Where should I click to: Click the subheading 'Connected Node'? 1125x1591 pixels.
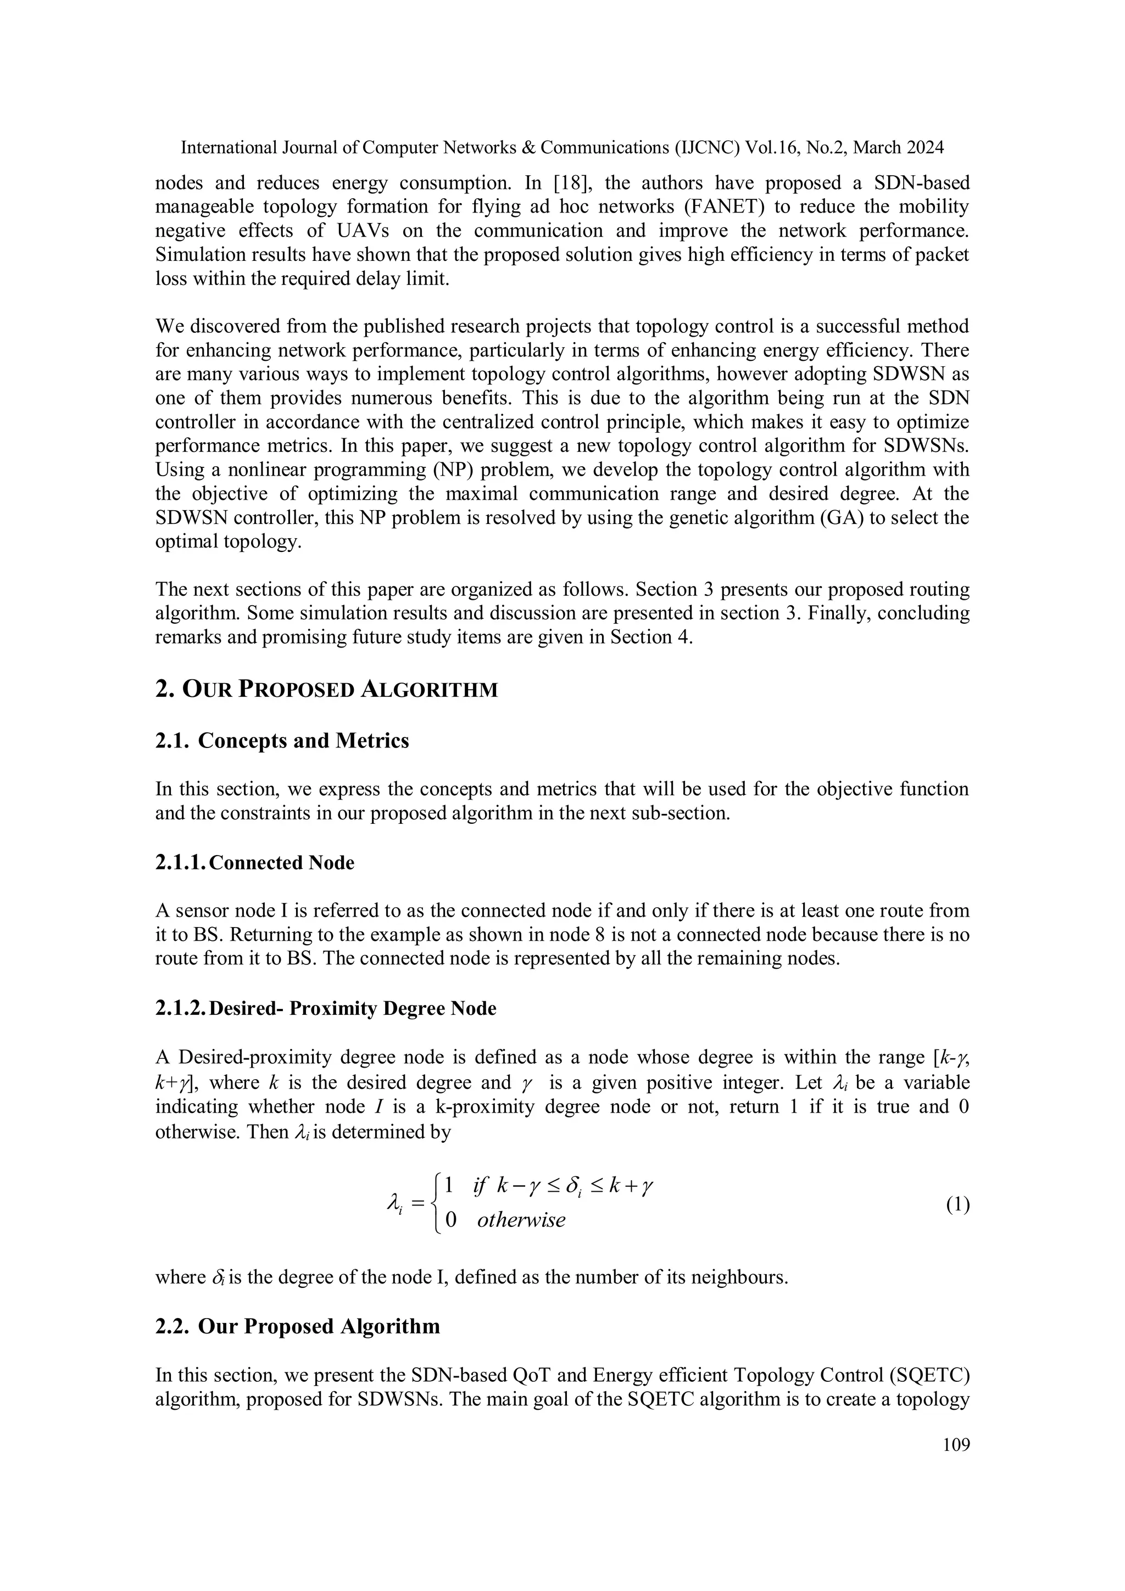pyautogui.click(x=281, y=863)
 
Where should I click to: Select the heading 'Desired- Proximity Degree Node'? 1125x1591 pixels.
pyautogui.click(x=352, y=1008)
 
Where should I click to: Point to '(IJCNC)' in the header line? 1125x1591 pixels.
pyautogui.click(x=704, y=148)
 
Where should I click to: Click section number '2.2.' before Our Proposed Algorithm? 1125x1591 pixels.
pyautogui.click(x=172, y=1326)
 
